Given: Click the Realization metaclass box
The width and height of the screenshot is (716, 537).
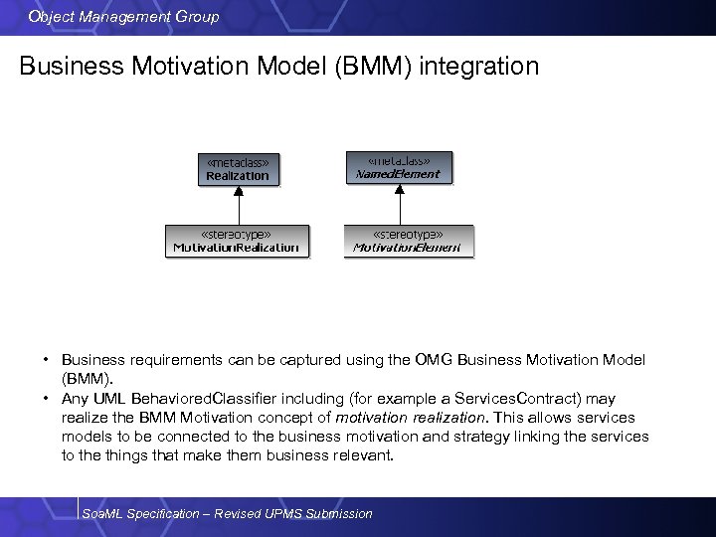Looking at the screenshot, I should coord(237,169).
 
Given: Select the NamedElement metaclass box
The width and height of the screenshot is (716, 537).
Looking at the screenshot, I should coord(398,167).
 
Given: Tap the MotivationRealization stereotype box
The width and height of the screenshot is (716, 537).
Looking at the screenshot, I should coord(237,241).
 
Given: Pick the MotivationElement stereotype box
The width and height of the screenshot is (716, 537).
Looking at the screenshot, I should coord(408,241).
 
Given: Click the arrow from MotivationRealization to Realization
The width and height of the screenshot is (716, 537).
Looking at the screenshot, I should coord(237,204).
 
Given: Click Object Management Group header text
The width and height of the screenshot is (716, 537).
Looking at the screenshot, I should coord(124,16).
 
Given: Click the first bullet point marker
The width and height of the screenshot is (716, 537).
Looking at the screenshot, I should coord(46,360).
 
